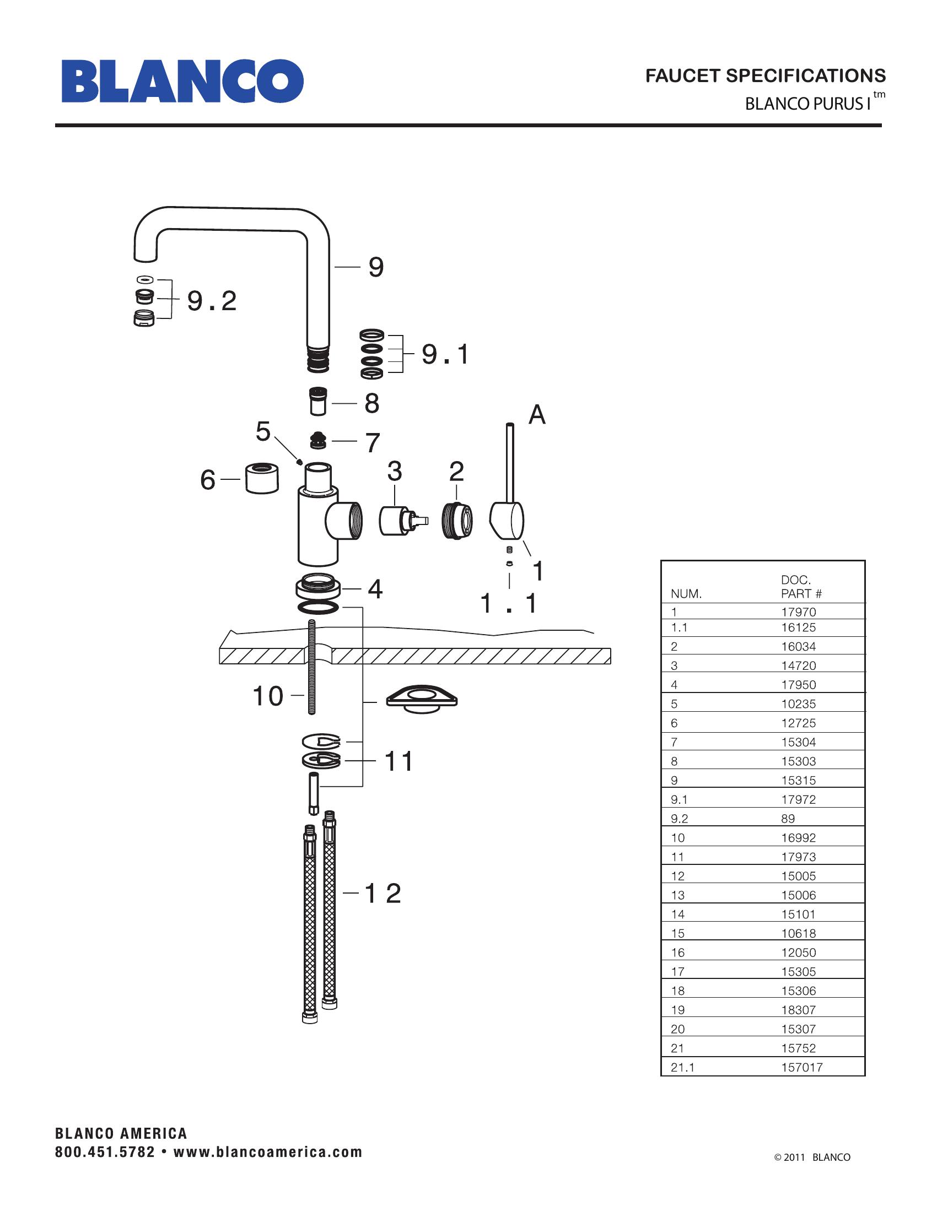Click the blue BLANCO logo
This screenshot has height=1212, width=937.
[x=182, y=81]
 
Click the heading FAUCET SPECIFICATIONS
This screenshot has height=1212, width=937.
[x=766, y=75]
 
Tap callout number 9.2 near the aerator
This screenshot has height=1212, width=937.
[x=212, y=301]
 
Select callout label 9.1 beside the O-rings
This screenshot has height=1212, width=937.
[x=445, y=354]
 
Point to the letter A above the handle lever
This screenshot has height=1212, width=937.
[x=537, y=414]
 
